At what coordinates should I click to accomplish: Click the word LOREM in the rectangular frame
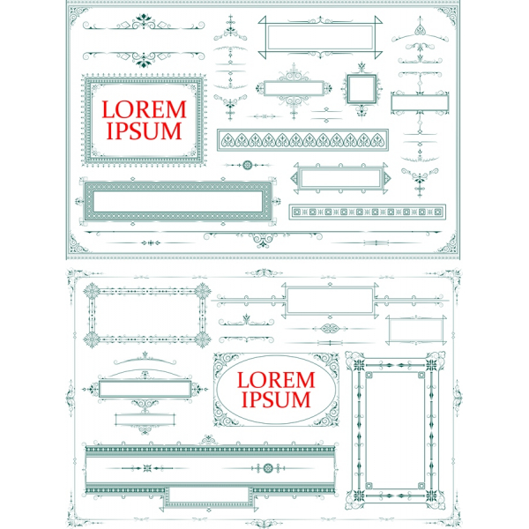click(x=144, y=109)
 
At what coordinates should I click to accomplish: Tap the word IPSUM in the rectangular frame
click(x=144, y=130)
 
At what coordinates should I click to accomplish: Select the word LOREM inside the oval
click(x=276, y=380)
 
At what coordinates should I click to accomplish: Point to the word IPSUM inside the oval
click(x=276, y=399)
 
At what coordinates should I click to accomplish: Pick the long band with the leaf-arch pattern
click(x=302, y=139)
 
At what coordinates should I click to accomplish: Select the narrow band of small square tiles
click(x=368, y=212)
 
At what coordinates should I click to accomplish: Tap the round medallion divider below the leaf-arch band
click(x=248, y=166)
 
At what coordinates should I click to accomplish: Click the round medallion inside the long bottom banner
click(x=268, y=468)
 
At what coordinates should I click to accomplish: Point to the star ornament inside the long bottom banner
click(x=147, y=468)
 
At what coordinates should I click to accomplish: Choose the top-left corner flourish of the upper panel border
click(x=78, y=16)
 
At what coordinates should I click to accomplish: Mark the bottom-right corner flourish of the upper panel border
click(x=447, y=243)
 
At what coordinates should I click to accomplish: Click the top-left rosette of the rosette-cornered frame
click(x=92, y=292)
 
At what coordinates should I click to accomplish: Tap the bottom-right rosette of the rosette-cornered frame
click(x=203, y=339)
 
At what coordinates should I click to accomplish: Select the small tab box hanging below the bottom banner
click(x=209, y=496)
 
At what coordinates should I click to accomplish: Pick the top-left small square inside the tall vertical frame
click(x=369, y=376)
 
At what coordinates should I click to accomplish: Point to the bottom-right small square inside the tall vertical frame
click(x=421, y=486)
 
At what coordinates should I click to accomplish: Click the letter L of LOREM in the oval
click(x=242, y=380)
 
